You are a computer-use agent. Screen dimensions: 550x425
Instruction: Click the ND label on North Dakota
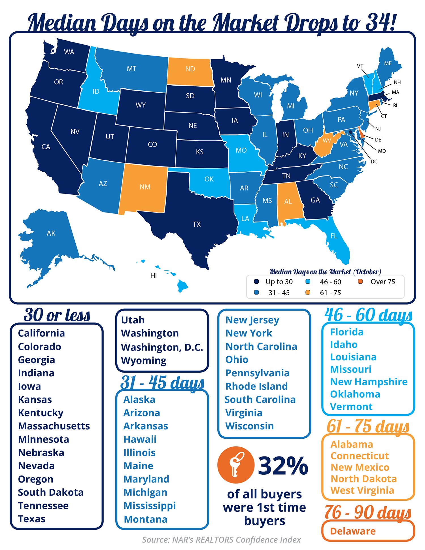pyautogui.click(x=190, y=69)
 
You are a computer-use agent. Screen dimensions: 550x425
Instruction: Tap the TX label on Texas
pyautogui.click(x=197, y=224)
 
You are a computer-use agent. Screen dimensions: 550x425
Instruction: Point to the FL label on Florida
pyautogui.click(x=334, y=236)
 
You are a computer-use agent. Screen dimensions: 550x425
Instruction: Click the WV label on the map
pyautogui.click(x=327, y=141)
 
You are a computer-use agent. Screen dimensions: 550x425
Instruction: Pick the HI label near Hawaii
pyautogui.click(x=154, y=275)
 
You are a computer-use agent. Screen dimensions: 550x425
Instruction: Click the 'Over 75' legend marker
pyautogui.click(x=360, y=281)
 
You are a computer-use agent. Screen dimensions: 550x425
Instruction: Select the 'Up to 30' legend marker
pyautogui.click(x=256, y=281)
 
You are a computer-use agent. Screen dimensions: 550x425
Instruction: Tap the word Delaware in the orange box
pyautogui.click(x=353, y=531)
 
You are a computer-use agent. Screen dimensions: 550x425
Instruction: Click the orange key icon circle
pyautogui.click(x=235, y=465)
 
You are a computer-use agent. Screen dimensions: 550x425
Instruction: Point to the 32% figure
pyautogui.click(x=283, y=465)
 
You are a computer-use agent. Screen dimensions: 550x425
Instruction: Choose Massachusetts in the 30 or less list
pyautogui.click(x=54, y=426)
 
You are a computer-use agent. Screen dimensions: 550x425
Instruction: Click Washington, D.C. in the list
pyautogui.click(x=162, y=347)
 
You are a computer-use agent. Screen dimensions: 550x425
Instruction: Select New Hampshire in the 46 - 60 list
pyautogui.click(x=369, y=382)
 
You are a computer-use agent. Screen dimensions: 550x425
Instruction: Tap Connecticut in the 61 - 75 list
pyautogui.click(x=360, y=456)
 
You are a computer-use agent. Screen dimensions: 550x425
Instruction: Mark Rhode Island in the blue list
pyautogui.click(x=256, y=386)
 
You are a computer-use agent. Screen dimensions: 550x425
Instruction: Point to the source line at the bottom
pyautogui.click(x=221, y=540)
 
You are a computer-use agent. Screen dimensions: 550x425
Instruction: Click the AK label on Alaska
pyautogui.click(x=51, y=233)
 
